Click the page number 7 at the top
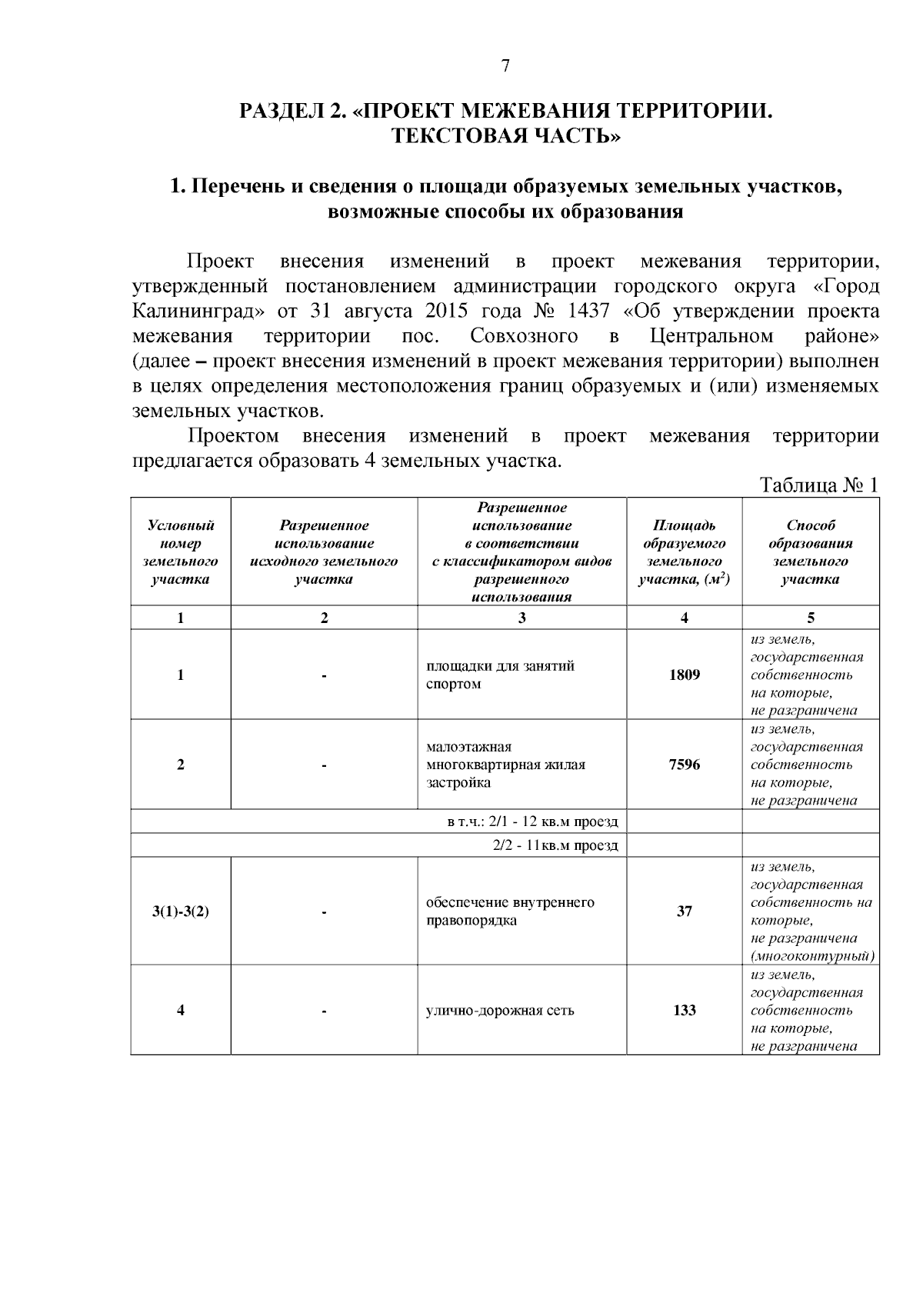[x=505, y=66]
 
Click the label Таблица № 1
[x=818, y=486]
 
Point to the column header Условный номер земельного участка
[x=181, y=552]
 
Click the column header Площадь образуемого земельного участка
[x=684, y=552]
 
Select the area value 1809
[x=684, y=675]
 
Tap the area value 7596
[x=684, y=765]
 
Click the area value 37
[x=684, y=911]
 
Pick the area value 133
[x=684, y=1010]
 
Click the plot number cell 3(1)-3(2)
[x=181, y=912]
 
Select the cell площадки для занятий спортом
[x=500, y=675]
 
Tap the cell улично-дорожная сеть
[x=500, y=1011]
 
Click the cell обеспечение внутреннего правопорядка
[x=509, y=911]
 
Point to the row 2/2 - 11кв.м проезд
[x=555, y=846]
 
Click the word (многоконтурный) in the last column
[x=812, y=956]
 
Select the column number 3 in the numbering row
[x=521, y=618]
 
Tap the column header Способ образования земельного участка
[x=810, y=552]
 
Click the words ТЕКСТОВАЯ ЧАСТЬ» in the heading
[x=505, y=137]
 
